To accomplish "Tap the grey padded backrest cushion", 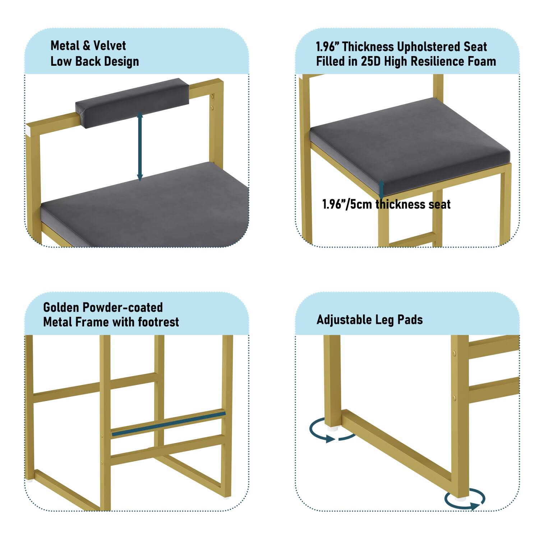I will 132,102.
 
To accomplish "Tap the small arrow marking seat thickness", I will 382,188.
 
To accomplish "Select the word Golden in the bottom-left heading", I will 61,308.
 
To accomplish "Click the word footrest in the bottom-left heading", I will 158,322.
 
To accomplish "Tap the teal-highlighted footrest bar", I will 169,424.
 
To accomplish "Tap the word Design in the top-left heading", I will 121,61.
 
